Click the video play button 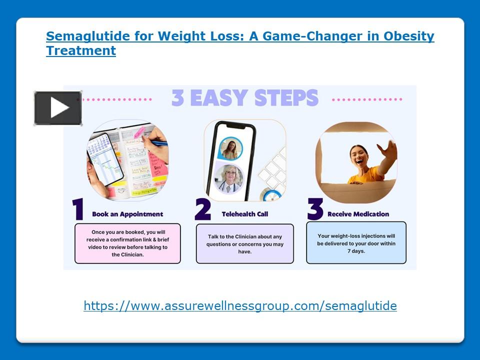(x=58, y=108)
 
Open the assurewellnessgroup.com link (x=240, y=306)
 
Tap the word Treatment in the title (x=81, y=50)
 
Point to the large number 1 (x=78, y=210)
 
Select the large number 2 (x=202, y=210)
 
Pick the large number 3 (x=315, y=210)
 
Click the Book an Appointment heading (x=127, y=214)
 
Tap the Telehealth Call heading (x=245, y=214)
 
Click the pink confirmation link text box (x=127, y=243)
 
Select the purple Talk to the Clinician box (x=245, y=243)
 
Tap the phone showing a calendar (x=105, y=157)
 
